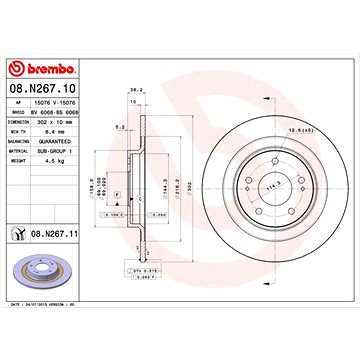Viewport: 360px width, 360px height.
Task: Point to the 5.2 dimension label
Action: click(120, 127)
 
